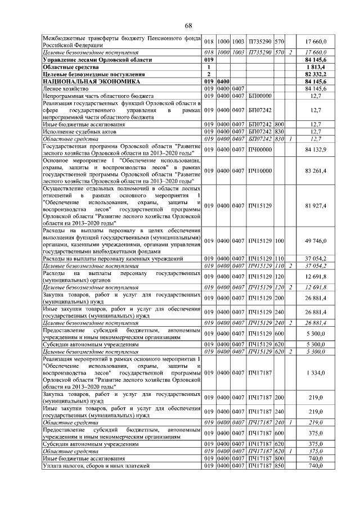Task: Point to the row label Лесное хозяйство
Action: point(63,88)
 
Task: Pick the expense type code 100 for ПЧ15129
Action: point(279,241)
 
